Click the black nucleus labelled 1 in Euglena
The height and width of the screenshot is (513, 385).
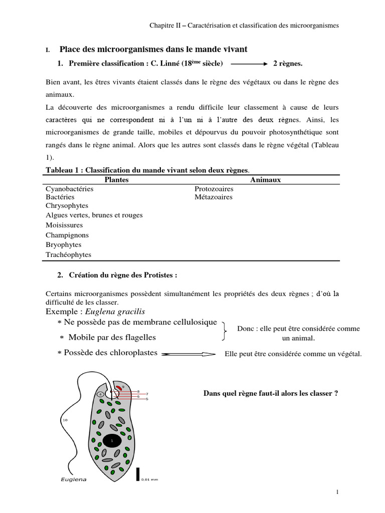click(x=112, y=440)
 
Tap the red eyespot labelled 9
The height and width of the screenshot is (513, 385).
click(x=118, y=387)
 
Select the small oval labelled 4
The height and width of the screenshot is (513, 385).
click(x=100, y=394)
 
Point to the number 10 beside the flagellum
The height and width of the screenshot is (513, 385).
click(x=65, y=420)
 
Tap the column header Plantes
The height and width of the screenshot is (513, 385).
click(x=116, y=180)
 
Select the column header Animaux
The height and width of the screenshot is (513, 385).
click(x=265, y=180)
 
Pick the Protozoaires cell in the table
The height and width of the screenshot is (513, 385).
click(x=214, y=189)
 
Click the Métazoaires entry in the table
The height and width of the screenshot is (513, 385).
click(x=213, y=197)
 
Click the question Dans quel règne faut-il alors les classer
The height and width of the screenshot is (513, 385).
click(x=270, y=393)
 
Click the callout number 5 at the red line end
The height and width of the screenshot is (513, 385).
click(x=147, y=399)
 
